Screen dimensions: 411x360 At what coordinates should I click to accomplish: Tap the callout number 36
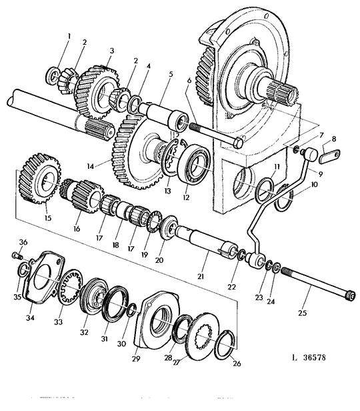tap(23, 242)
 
